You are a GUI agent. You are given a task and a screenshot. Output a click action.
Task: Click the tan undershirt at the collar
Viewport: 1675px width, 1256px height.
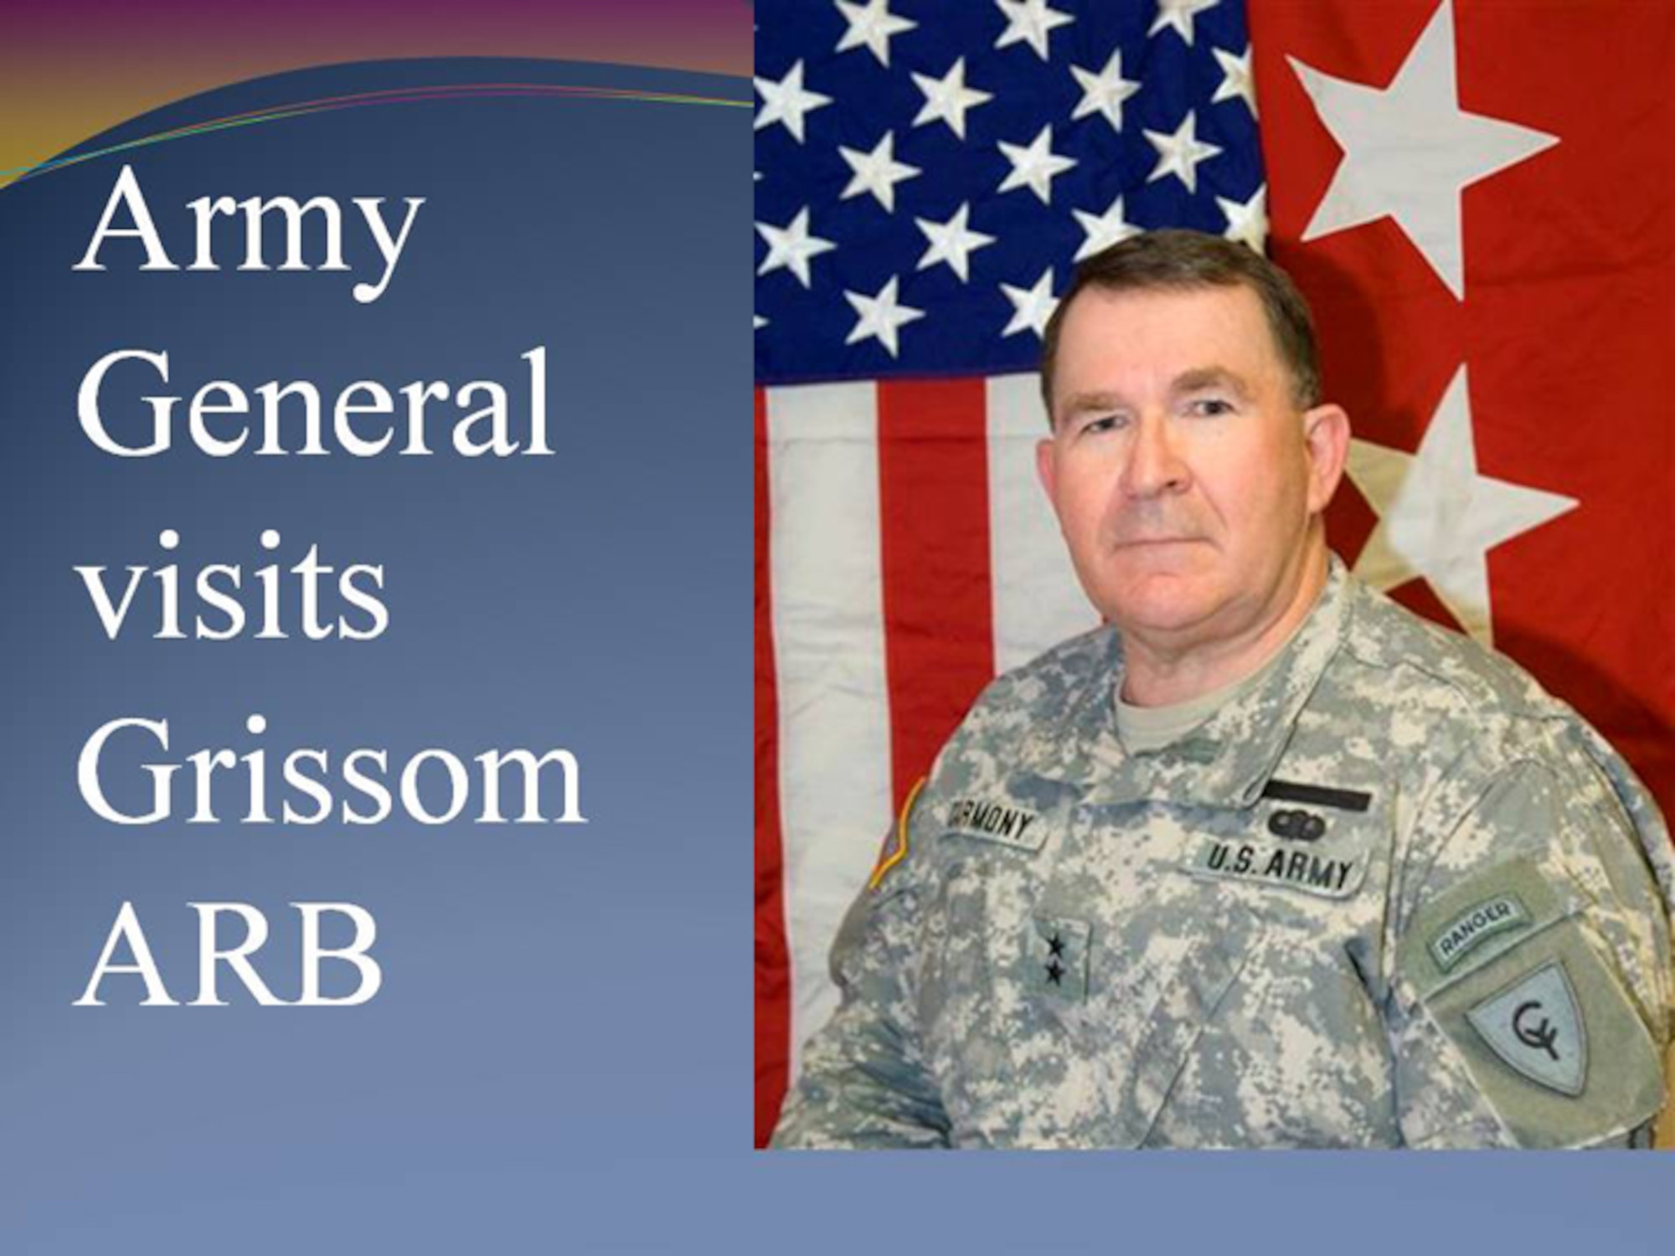[1164, 720]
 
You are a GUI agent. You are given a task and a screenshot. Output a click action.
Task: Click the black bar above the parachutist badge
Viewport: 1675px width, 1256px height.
[1315, 795]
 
